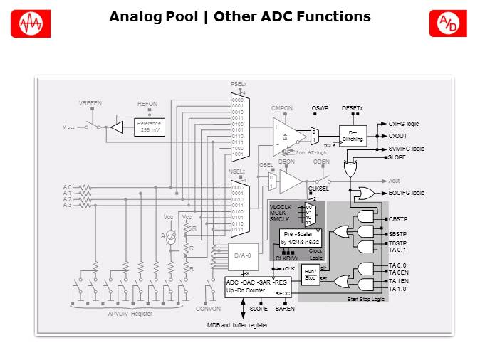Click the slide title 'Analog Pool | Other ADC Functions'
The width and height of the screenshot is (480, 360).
coord(239,16)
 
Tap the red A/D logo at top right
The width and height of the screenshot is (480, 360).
coord(447,23)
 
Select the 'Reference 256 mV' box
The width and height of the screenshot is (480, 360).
coord(150,127)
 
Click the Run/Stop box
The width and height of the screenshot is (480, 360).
coord(310,275)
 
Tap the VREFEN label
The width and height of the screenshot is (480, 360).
coord(90,104)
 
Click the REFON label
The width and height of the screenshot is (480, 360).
coord(147,104)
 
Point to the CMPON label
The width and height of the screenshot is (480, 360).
coord(282,108)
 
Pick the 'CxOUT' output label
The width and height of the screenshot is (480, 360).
coord(397,135)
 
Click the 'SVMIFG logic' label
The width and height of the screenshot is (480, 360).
coord(407,148)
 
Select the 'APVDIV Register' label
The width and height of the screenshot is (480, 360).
coord(130,313)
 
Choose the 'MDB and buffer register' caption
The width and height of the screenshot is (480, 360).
coord(237,324)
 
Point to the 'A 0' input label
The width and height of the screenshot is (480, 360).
coord(66,188)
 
